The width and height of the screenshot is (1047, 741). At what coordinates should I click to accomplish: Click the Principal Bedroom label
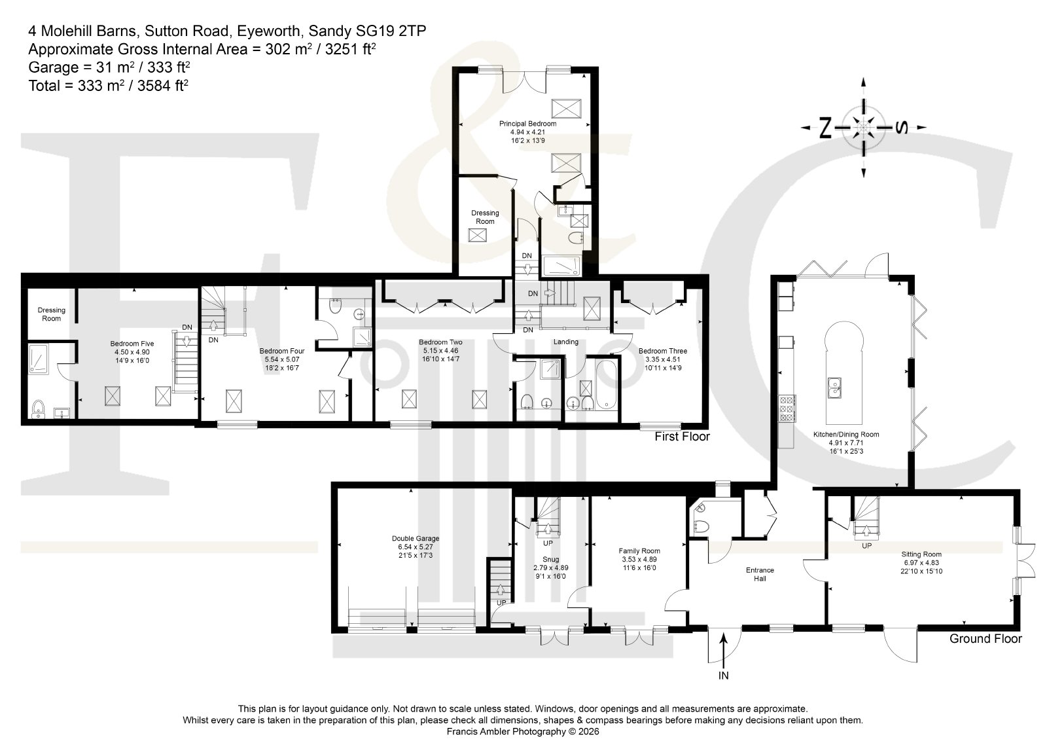point(527,124)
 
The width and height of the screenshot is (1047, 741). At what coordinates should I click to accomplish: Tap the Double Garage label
point(416,539)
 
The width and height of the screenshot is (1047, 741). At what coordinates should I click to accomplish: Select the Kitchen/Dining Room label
point(846,434)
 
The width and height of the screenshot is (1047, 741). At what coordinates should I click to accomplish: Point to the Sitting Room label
point(921,554)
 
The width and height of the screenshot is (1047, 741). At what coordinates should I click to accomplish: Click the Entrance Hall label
point(760,574)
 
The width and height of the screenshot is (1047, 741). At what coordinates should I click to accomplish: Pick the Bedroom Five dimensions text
point(132,356)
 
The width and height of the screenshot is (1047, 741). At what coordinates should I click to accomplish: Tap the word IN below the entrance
point(724,676)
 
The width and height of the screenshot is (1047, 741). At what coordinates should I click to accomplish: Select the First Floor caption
point(682,437)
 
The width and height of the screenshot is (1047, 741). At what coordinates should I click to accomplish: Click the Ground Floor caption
point(985,639)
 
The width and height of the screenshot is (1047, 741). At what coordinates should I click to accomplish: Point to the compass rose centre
point(863,127)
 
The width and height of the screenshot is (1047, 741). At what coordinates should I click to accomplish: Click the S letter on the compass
point(902,127)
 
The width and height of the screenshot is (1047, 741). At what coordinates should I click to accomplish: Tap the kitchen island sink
point(835,388)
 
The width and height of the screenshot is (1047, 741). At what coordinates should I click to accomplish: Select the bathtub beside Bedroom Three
point(606,384)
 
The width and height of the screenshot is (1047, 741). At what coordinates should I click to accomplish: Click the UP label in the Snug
point(548,543)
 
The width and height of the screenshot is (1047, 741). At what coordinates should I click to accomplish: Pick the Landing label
point(565,342)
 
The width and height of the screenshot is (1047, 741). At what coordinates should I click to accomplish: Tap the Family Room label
point(639,551)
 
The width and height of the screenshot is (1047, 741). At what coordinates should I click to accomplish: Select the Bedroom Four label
point(282,351)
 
